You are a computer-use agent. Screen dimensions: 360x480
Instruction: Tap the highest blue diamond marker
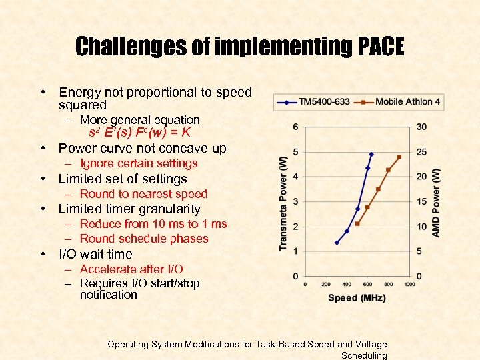(x=371, y=154)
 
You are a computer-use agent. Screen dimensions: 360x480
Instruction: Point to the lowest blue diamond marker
(x=337, y=243)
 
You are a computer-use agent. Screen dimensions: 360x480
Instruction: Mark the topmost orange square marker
(x=399, y=157)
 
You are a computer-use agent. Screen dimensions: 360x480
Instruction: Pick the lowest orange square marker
(x=357, y=224)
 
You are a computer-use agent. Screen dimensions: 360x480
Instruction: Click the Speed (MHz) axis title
(x=357, y=298)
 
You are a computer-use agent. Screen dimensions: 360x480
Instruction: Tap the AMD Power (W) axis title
(x=435, y=202)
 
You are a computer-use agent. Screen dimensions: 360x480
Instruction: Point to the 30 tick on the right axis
(x=421, y=127)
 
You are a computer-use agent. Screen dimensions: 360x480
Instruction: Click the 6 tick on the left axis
(x=295, y=127)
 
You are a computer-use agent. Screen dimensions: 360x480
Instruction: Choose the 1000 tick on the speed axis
(x=409, y=284)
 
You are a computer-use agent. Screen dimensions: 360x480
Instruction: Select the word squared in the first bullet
(x=82, y=105)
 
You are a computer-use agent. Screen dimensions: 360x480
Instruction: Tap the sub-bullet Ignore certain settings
(x=139, y=163)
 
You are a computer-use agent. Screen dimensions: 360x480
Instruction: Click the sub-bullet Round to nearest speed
(x=143, y=194)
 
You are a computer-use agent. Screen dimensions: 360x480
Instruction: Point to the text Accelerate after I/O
(x=131, y=269)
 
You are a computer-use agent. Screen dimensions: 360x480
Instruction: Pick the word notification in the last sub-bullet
(x=108, y=295)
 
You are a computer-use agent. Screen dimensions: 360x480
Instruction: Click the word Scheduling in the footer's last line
(x=363, y=355)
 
